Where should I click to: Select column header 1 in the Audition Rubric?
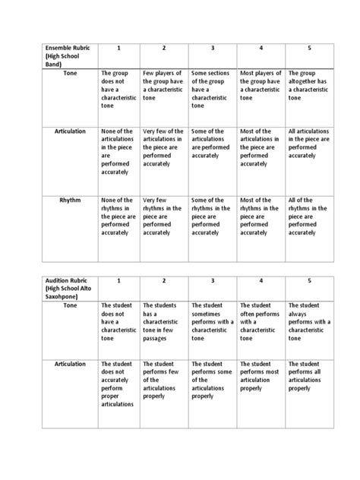pos(118,280)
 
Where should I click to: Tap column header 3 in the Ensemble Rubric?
pos(212,48)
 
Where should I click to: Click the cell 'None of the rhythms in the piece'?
pos(117,216)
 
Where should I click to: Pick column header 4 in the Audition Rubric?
pos(260,280)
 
